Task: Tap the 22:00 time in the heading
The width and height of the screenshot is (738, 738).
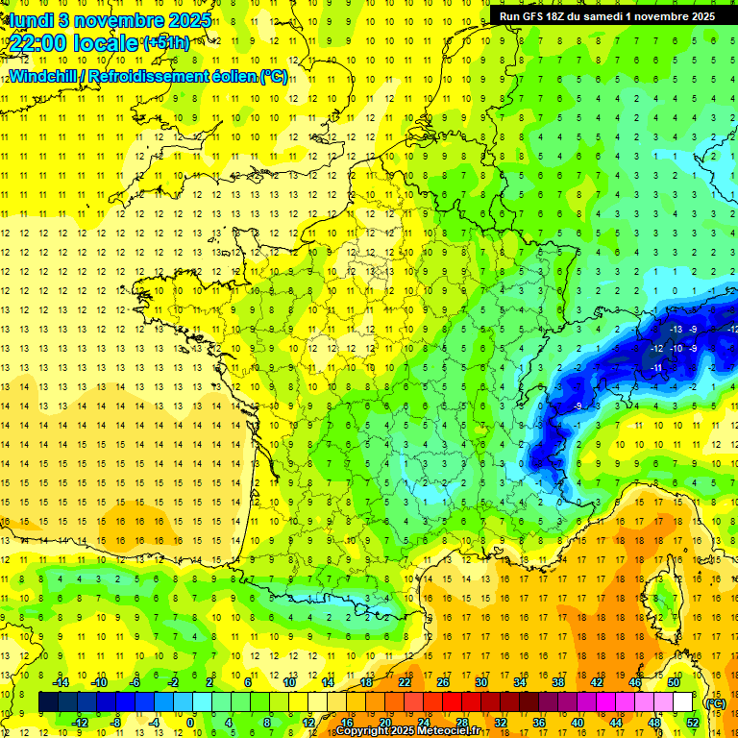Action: (x=42, y=43)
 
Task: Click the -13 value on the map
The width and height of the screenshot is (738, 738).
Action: (x=676, y=330)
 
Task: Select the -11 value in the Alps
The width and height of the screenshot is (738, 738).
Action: (x=658, y=367)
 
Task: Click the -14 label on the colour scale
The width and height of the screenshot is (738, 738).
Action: (x=62, y=681)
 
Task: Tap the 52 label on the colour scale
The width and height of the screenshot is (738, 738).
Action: (x=692, y=723)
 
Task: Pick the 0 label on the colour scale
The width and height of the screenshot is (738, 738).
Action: (x=189, y=723)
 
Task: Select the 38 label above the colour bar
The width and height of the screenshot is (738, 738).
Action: (x=557, y=681)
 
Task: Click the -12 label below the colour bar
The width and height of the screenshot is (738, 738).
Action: (x=80, y=723)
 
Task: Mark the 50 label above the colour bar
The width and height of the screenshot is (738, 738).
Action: (x=674, y=681)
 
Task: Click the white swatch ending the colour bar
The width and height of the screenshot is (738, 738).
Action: (x=682, y=702)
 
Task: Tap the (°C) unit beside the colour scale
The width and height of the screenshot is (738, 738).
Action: (x=715, y=702)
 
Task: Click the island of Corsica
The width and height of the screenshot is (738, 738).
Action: (x=663, y=596)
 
